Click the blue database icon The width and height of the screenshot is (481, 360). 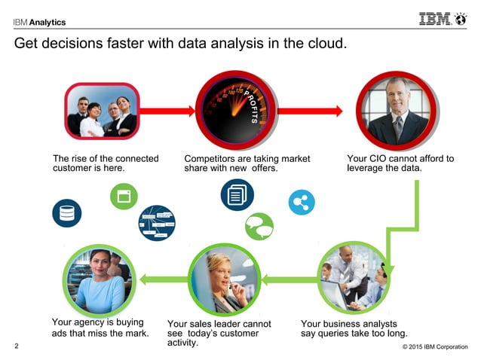(x=67, y=213)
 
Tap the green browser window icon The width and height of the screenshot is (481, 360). (x=124, y=196)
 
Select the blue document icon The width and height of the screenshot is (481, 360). (x=237, y=195)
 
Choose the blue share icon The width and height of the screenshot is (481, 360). (x=302, y=202)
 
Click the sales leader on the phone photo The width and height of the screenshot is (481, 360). (x=222, y=281)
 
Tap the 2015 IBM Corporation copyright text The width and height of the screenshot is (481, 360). (x=435, y=347)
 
